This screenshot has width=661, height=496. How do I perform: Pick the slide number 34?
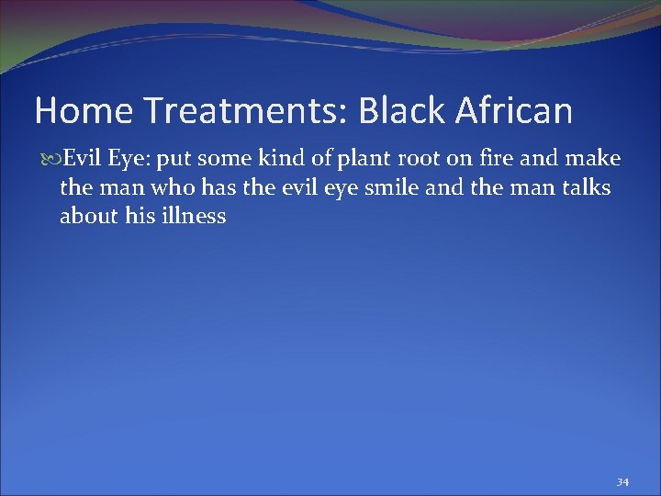[x=622, y=482]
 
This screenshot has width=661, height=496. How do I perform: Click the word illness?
[x=193, y=218]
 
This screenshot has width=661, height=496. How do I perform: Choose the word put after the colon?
[x=174, y=160]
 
